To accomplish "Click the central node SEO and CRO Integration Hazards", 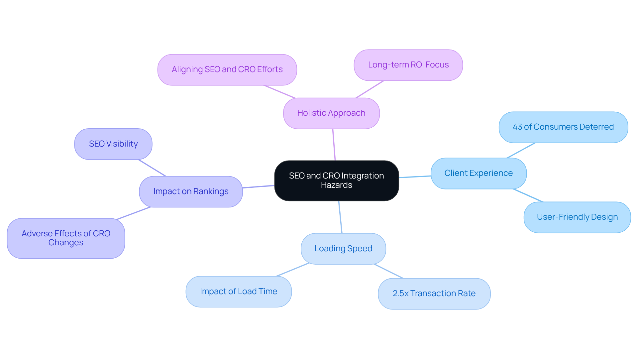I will (x=336, y=180).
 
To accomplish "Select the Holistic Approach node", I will (x=331, y=113).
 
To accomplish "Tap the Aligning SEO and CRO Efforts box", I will (x=227, y=70).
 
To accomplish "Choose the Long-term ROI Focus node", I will (x=408, y=65).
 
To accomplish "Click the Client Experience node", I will (x=478, y=173).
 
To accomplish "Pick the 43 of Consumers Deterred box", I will (x=563, y=127).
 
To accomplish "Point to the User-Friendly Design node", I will (x=577, y=217).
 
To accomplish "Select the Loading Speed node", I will (x=343, y=249).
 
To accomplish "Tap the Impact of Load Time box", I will (x=239, y=292).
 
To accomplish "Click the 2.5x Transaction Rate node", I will (x=434, y=294).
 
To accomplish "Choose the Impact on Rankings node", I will (x=191, y=191).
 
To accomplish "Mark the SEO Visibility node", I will (x=113, y=144).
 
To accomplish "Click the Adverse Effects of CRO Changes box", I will (x=66, y=238).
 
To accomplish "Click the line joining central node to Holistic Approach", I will (x=334, y=145).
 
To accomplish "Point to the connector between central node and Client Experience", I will (x=415, y=177).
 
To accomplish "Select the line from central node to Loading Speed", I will (x=340, y=217).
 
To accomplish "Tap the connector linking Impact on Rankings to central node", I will (x=259, y=186).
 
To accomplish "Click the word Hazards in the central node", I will (x=336, y=185).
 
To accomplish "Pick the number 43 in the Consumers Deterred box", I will (x=517, y=127).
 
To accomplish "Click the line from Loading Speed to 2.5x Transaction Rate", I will (x=388, y=271).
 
